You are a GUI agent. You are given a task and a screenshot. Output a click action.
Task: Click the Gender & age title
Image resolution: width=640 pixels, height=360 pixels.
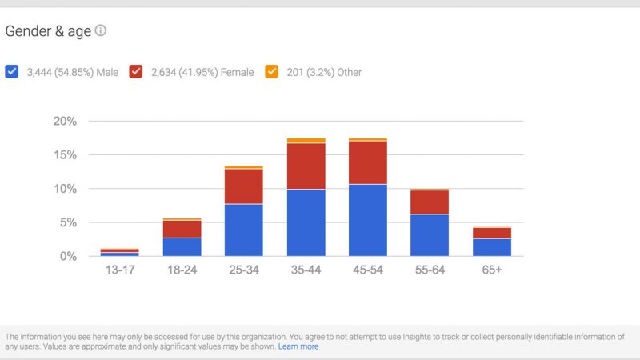pyautogui.click(x=48, y=31)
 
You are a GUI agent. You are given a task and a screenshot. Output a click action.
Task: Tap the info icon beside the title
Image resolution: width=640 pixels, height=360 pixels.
pyautogui.click(x=101, y=31)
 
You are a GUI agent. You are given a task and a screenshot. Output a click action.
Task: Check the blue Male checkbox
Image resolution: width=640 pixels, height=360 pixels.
pyautogui.click(x=12, y=72)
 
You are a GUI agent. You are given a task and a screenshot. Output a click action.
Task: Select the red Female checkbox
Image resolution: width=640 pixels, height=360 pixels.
pyautogui.click(x=137, y=72)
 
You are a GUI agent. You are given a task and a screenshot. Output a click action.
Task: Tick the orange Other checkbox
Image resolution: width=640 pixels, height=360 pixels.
pyautogui.click(x=272, y=72)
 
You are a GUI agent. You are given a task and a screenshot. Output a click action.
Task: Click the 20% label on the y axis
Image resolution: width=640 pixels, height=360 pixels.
pyautogui.click(x=65, y=121)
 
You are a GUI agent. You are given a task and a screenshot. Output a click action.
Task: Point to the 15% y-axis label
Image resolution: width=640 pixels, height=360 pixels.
pyautogui.click(x=65, y=155)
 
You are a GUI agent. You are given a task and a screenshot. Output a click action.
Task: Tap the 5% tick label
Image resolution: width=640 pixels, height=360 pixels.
pyautogui.click(x=68, y=222)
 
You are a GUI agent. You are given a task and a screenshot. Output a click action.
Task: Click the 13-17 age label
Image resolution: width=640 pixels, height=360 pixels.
pyautogui.click(x=120, y=270)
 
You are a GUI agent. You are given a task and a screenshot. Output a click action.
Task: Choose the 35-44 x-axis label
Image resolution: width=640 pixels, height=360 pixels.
pyautogui.click(x=306, y=270)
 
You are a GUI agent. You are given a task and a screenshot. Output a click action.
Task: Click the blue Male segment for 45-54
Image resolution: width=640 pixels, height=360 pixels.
pyautogui.click(x=368, y=220)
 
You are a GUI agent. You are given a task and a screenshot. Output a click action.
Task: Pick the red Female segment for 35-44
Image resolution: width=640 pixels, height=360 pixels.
pyautogui.click(x=306, y=166)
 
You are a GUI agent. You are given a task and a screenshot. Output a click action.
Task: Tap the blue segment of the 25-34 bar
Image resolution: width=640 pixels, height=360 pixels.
pyautogui.click(x=244, y=230)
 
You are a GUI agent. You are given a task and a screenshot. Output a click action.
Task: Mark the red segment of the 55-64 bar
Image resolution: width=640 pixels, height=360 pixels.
pyautogui.click(x=430, y=202)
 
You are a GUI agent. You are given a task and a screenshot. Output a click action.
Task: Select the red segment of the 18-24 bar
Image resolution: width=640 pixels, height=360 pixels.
pyautogui.click(x=182, y=229)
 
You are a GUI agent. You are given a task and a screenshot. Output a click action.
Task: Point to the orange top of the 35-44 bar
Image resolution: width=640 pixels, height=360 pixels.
pyautogui.click(x=306, y=141)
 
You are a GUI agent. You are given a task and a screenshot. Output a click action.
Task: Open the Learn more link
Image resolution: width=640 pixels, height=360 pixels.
pyautogui.click(x=298, y=347)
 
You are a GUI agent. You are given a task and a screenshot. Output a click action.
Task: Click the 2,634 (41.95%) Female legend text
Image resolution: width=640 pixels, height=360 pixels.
pyautogui.click(x=202, y=72)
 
